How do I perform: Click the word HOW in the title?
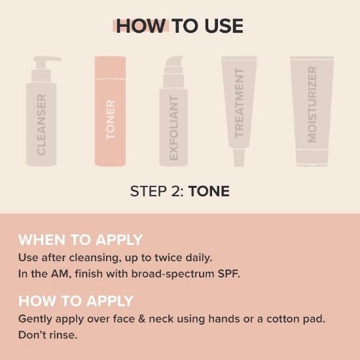tap(141, 26)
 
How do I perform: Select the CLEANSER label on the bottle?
tap(41, 124)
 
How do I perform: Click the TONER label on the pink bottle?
tap(111, 120)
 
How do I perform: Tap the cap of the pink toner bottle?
tap(110, 67)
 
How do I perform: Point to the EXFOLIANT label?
tap(174, 128)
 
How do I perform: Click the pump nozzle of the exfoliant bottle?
tap(174, 61)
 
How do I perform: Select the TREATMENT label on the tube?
tap(239, 103)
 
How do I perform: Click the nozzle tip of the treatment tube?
tap(239, 158)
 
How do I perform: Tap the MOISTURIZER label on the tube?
tap(312, 105)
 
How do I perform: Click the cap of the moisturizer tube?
tap(312, 158)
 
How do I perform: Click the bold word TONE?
tap(209, 191)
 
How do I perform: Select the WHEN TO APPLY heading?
tap(81, 240)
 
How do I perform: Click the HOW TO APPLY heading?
tap(76, 301)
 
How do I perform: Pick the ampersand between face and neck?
tap(142, 319)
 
